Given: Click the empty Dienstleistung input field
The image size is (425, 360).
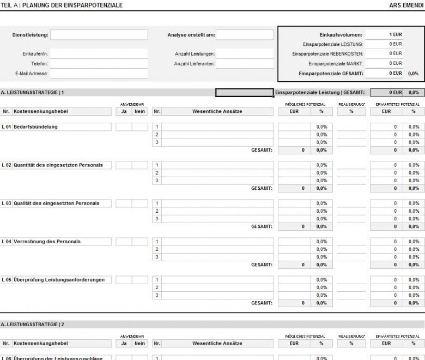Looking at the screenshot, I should pos(99,35).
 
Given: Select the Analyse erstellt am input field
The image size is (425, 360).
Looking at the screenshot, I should pos(244,35).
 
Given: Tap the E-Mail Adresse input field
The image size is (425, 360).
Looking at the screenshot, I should pos(99,74).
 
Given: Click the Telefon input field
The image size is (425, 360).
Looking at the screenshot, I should pos(99,64).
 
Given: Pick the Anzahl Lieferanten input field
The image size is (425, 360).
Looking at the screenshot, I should pos(244,64).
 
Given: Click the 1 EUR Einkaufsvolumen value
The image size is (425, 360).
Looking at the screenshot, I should pos(384,35).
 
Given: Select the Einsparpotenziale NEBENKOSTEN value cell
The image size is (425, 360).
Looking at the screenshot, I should pos(384,53).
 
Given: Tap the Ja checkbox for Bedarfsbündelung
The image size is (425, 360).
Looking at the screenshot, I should pos(124,127).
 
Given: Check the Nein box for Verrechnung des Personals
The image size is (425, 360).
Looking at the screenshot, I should pos(139,242).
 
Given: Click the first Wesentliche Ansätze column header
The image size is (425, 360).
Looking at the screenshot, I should pos(217,112).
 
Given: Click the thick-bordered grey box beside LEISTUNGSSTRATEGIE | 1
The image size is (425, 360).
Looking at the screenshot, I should pos(244,93).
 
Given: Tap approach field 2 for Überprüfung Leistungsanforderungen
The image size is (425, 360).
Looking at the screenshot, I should pos(217,287).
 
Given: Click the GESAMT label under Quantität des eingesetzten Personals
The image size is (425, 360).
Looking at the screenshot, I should pos(262,188).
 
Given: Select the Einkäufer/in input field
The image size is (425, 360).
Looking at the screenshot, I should pos(99,54).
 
